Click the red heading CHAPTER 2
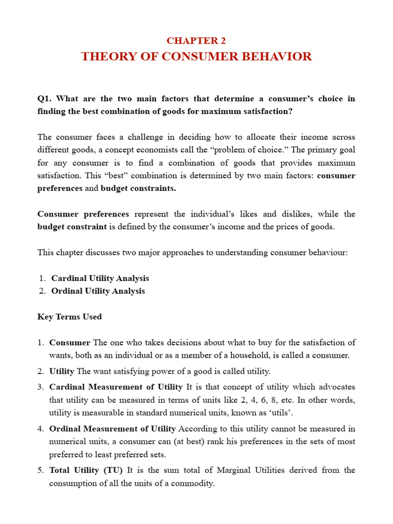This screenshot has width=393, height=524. (196, 41)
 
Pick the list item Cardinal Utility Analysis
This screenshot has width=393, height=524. (100, 278)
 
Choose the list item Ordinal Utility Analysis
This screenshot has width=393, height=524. (98, 291)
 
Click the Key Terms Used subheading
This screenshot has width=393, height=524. (70, 317)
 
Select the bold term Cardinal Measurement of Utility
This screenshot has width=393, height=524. (116, 387)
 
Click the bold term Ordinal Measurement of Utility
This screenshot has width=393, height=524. (113, 428)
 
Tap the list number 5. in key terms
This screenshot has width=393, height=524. (41, 470)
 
